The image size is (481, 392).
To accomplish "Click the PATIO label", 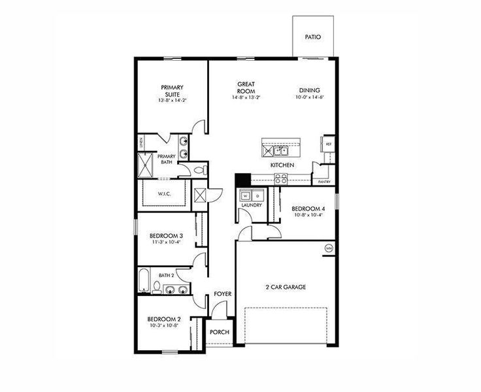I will [x=313, y=37].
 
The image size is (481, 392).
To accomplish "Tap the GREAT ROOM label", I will [x=246, y=88].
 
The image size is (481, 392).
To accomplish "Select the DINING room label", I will [x=309, y=90].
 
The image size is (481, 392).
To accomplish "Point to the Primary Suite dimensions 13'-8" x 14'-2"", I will [x=173, y=101].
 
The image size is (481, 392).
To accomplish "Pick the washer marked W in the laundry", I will [x=246, y=195].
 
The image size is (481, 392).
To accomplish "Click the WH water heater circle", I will [x=329, y=248].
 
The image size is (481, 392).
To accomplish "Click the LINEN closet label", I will [x=140, y=143].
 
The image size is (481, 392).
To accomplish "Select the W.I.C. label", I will [x=164, y=194].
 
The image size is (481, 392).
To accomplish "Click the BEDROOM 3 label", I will [x=165, y=236].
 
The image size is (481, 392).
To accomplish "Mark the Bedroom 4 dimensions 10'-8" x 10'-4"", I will [x=308, y=216].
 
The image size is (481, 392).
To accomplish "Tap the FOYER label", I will [x=223, y=295].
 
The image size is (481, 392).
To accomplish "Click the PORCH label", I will [x=220, y=332].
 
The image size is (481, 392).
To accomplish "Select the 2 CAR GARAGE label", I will [x=285, y=287].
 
